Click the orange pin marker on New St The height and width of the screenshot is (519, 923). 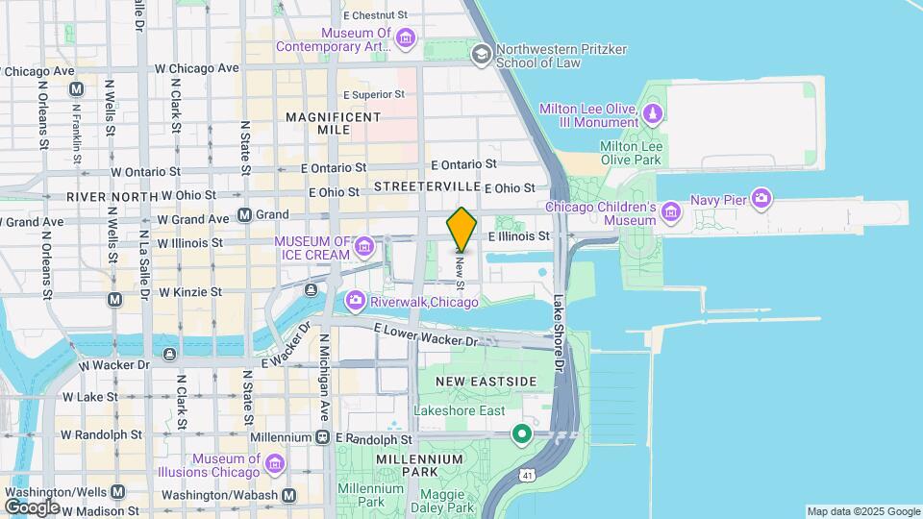462,228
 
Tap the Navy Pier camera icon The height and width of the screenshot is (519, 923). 761,198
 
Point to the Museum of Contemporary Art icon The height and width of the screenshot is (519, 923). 406,39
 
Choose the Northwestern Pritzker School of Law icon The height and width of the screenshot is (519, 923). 481,55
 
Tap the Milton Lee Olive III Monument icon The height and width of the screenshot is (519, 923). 653,115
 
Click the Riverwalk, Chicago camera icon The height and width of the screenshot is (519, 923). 355,302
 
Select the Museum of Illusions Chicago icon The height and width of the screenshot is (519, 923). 274,465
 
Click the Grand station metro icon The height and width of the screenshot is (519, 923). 245,214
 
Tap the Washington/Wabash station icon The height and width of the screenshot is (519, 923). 288,494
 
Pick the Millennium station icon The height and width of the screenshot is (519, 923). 322,437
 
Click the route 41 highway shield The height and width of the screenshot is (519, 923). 527,475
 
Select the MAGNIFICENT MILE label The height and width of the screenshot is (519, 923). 332,123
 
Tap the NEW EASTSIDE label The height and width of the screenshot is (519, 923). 486,382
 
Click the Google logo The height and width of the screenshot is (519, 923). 32,507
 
